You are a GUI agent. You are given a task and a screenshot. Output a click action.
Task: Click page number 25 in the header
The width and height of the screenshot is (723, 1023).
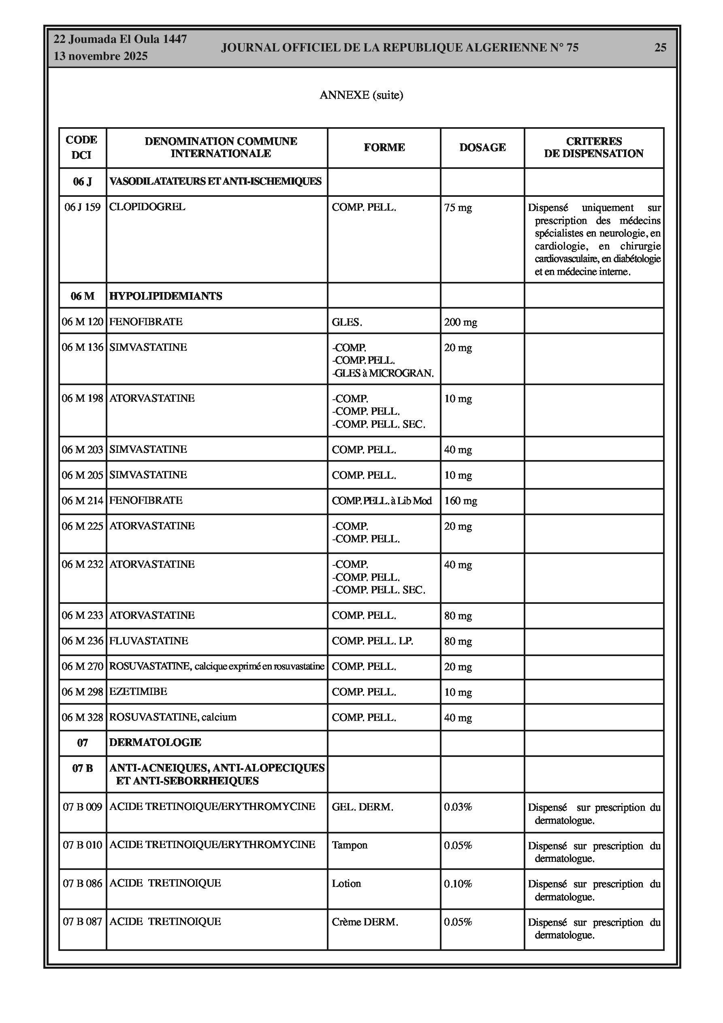coord(660,48)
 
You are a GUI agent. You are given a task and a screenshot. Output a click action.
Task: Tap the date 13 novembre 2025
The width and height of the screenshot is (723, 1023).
coord(100,57)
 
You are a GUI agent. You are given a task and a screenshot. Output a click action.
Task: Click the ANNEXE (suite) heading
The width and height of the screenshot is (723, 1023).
coord(361,95)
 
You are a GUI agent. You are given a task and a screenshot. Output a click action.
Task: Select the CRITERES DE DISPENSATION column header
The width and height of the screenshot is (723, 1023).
coord(593,147)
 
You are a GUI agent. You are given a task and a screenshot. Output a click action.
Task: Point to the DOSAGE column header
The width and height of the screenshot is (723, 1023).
coord(482,147)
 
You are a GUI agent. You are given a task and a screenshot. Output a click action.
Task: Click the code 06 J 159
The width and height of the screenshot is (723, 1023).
coord(83,207)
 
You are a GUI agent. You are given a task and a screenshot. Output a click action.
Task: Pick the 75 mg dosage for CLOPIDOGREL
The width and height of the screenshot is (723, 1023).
coord(458,208)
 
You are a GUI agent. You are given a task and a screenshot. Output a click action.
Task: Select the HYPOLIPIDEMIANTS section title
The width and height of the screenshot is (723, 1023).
coord(165,296)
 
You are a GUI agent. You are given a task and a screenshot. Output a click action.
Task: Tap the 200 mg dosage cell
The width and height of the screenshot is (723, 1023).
coord(461,322)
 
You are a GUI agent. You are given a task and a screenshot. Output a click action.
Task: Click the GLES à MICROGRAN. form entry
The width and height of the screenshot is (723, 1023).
coord(383,373)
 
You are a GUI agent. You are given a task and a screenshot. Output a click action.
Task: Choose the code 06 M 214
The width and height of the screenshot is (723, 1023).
coord(83,500)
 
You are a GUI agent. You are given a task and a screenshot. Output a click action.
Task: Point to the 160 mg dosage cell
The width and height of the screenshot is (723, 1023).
coord(461,501)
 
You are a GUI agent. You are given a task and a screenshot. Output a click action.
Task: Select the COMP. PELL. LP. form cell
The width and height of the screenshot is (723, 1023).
coord(372,641)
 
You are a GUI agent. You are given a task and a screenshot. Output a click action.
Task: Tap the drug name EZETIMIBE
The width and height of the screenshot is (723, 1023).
coord(138,691)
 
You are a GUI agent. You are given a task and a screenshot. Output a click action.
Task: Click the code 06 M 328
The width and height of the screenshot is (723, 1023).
coord(83,717)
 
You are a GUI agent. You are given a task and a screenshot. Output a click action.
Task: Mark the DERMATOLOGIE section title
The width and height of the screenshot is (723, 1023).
coord(155,742)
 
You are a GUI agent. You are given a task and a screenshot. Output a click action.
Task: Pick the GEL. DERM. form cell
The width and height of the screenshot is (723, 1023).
coord(363,807)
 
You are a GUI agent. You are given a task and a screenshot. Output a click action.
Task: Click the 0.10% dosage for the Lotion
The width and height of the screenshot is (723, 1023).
coord(458,884)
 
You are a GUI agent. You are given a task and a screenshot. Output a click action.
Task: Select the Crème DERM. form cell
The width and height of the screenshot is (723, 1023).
coord(365,922)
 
